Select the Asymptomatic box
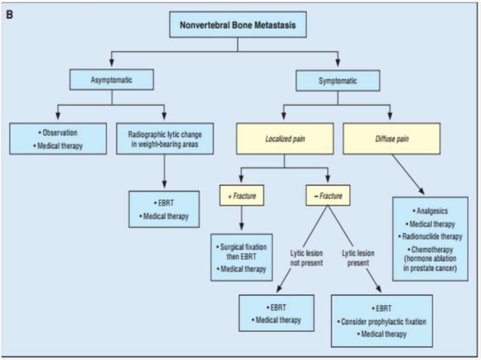click(x=111, y=80)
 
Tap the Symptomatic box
click(x=336, y=80)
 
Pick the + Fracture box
click(x=241, y=197)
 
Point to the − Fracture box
click(x=328, y=197)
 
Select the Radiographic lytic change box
click(x=164, y=139)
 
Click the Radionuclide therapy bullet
click(x=430, y=236)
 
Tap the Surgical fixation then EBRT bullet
click(x=241, y=251)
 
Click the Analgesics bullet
click(x=430, y=212)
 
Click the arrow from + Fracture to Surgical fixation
click(x=241, y=218)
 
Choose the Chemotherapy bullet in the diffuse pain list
click(x=430, y=249)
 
